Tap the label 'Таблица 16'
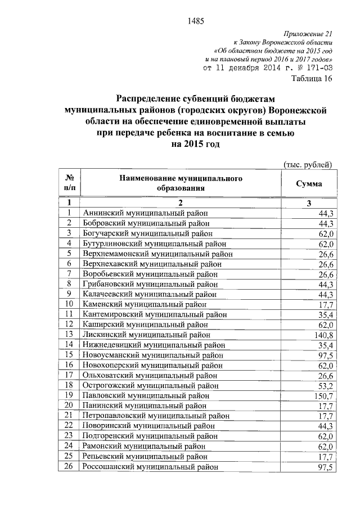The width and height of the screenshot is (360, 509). tap(313, 79)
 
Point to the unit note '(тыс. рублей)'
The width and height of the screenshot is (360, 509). tap(309, 164)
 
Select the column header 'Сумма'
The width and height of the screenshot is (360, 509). tap(309, 184)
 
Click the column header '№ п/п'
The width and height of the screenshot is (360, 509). tap(70, 184)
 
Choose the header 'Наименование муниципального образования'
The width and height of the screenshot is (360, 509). tap(180, 184)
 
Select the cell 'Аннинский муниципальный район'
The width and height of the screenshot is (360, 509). tap(145, 213)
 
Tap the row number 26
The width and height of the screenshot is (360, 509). tap(70, 467)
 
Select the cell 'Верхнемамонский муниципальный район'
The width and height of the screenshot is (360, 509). tap(157, 254)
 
